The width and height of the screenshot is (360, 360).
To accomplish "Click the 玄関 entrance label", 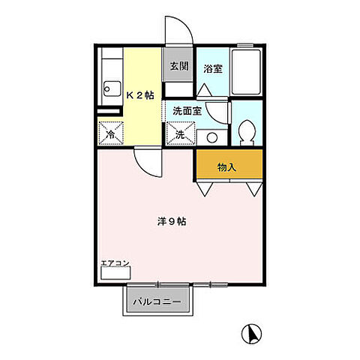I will tap(178, 66).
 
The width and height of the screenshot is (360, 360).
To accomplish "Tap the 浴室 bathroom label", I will tap(212, 69).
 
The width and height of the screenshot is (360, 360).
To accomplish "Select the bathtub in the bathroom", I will tap(247, 72).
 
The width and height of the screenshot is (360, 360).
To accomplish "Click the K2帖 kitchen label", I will tap(139, 95).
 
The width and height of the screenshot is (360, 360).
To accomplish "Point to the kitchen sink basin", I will tap(108, 89).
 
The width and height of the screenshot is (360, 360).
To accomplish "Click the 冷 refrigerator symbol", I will tap(109, 135).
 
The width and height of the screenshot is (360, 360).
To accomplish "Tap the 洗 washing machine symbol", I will tap(181, 135).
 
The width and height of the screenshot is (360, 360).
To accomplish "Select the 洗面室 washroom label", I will tap(187, 110).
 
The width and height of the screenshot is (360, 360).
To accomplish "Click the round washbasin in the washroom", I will tap(211, 137).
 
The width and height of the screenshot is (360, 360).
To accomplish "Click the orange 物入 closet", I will tap(229, 166).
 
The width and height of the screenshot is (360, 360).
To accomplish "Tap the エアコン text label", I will tap(115, 262).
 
